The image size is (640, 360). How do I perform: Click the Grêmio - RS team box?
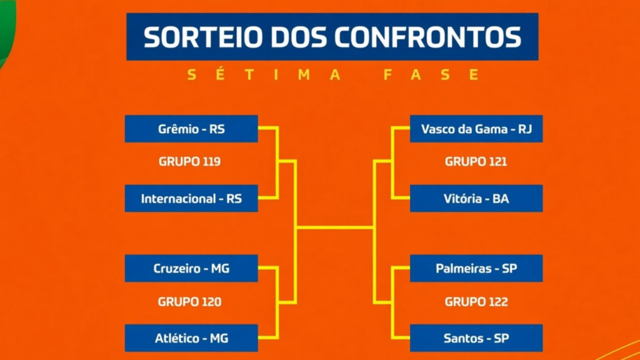pyautogui.click(x=191, y=129)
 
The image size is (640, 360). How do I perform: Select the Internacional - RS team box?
pyautogui.click(x=191, y=198)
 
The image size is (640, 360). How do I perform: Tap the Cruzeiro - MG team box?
pyautogui.click(x=191, y=268)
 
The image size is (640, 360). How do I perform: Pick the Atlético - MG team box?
pyautogui.click(x=191, y=338)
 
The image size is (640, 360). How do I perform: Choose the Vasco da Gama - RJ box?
pyautogui.click(x=476, y=129)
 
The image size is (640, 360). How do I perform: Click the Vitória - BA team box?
pyautogui.click(x=476, y=198)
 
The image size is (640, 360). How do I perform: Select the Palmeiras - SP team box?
pyautogui.click(x=476, y=268)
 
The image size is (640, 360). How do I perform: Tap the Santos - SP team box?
pyautogui.click(x=476, y=338)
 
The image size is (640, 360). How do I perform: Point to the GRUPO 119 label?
pyautogui.click(x=189, y=162)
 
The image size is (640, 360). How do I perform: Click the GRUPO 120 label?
pyautogui.click(x=189, y=302)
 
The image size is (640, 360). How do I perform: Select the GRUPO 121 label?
pyautogui.click(x=476, y=162)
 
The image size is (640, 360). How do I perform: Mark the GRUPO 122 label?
pyautogui.click(x=476, y=302)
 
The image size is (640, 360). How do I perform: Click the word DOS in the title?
pyautogui.click(x=298, y=37)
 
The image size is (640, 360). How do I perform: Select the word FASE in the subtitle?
pyautogui.click(x=431, y=75)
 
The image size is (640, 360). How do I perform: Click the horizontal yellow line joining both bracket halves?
pyautogui.click(x=335, y=227)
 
